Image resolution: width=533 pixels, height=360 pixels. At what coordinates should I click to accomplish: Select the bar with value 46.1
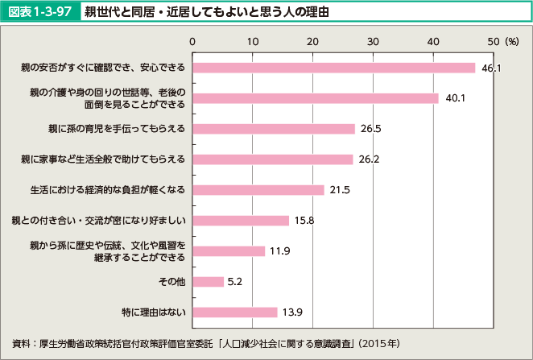(x=333, y=68)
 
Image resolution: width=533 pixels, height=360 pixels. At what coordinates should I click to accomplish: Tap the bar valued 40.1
(x=315, y=98)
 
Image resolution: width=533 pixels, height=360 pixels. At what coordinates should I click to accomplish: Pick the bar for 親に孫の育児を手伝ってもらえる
(x=274, y=129)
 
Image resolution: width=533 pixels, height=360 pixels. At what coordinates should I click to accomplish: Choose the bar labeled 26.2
(x=273, y=159)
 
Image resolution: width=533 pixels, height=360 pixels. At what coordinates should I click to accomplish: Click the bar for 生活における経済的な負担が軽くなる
(x=258, y=190)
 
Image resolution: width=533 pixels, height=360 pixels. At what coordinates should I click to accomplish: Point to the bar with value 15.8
(x=241, y=221)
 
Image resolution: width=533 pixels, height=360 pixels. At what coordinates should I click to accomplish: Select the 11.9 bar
(x=229, y=251)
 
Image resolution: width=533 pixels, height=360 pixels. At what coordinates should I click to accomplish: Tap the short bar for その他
(x=209, y=282)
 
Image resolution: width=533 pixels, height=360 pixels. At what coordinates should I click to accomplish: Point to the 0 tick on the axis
(x=193, y=40)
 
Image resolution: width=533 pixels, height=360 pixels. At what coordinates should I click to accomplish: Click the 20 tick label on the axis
(x=313, y=40)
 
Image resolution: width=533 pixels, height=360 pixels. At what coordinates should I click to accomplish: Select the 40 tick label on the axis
(x=433, y=40)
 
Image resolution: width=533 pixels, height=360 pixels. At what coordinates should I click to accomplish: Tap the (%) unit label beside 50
(x=509, y=40)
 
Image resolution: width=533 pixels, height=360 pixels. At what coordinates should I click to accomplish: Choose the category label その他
(x=171, y=282)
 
